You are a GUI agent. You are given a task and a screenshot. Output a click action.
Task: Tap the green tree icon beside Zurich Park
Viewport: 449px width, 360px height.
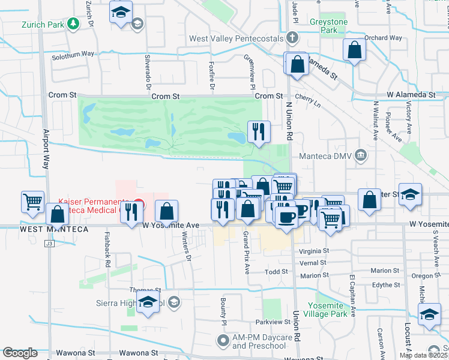[73, 24]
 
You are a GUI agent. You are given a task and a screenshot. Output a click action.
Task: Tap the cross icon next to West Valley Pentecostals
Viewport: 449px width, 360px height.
[292, 38]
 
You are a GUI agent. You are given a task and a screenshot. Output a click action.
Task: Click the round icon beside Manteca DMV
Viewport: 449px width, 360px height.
[361, 155]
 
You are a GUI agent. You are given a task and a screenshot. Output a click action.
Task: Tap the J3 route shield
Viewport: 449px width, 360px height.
[49, 244]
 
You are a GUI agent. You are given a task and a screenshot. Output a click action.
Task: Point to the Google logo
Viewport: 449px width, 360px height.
[20, 353]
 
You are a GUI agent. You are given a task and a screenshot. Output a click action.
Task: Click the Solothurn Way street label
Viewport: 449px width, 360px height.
[73, 54]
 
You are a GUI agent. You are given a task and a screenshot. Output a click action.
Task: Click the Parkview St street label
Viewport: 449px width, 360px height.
[273, 322]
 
